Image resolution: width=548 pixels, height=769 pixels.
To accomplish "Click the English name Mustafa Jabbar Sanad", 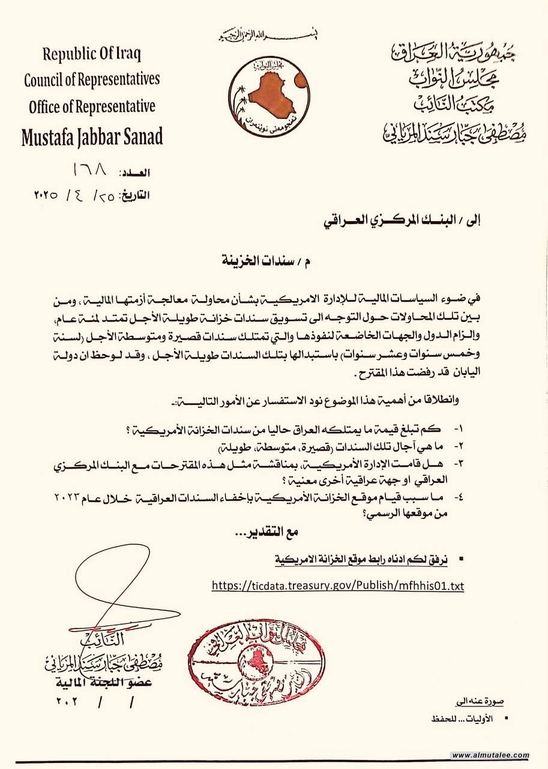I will (x=92, y=136).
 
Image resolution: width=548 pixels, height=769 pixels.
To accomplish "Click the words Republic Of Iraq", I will (x=92, y=53).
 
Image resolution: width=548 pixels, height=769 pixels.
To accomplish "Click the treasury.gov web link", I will (x=338, y=585).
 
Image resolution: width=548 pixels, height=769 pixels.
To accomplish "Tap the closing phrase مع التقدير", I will (x=268, y=532).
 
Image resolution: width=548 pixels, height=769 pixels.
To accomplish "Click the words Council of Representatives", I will (x=92, y=80).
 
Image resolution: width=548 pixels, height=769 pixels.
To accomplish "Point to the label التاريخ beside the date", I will (x=132, y=195).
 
